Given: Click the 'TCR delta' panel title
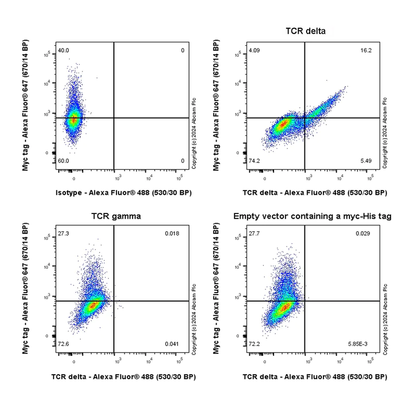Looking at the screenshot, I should (305, 31).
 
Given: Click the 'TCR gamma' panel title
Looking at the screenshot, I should (116, 216).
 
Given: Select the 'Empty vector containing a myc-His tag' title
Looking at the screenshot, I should (313, 216).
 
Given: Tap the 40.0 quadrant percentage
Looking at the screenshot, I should (63, 51).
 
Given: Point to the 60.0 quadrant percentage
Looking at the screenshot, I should (63, 161).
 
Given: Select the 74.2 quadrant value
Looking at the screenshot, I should (254, 161).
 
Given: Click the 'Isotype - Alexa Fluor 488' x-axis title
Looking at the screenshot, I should (123, 193).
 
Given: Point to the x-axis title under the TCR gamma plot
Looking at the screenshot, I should (123, 376).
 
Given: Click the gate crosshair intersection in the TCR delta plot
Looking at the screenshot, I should (305, 118).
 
